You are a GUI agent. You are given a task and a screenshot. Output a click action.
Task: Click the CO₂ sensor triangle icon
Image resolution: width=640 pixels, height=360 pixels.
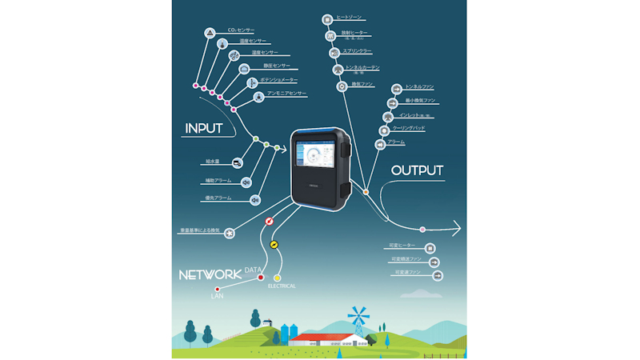[x=210, y=32]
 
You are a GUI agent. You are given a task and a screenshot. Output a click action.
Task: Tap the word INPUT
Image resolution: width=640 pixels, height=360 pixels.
[x=203, y=128]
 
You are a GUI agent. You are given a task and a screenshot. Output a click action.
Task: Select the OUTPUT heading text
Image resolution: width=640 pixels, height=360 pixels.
[x=417, y=170]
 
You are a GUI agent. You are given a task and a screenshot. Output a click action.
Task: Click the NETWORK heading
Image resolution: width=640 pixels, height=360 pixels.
[x=210, y=274]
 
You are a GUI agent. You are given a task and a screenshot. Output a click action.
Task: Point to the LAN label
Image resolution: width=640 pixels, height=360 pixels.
[x=217, y=296]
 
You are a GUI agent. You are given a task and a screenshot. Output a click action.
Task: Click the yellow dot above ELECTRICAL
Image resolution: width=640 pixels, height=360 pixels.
[x=278, y=278]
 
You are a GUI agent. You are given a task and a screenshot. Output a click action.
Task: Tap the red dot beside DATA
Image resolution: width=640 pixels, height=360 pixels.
[x=261, y=278]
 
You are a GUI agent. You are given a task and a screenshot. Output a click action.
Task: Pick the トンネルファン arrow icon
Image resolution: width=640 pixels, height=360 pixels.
[x=396, y=88]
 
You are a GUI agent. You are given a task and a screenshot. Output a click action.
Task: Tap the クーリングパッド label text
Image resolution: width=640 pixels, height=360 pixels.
[x=408, y=128]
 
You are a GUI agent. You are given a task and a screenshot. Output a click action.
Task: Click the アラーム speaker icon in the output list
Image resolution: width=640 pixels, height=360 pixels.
[x=380, y=143]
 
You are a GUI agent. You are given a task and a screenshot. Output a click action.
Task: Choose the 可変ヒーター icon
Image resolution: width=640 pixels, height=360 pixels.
[x=430, y=248]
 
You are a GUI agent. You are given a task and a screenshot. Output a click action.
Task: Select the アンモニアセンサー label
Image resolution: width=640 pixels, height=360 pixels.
[x=286, y=94]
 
